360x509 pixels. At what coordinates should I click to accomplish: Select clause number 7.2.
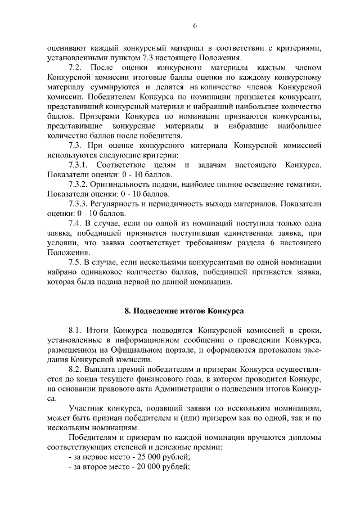(75, 67)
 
